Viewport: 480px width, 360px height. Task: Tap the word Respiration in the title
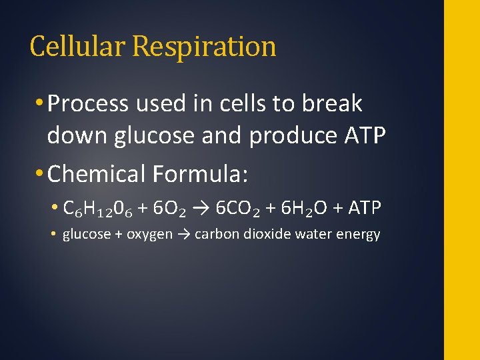[x=204, y=47]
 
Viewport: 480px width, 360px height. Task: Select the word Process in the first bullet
[x=88, y=104]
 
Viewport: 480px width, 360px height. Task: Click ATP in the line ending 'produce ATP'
[x=365, y=136]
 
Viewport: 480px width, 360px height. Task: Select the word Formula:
[x=201, y=174]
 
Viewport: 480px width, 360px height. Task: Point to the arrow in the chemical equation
[x=201, y=209]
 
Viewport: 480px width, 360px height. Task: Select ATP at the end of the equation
[x=365, y=209]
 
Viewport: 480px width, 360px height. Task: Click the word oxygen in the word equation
[x=149, y=235]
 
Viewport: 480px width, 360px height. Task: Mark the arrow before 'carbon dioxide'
[x=183, y=235]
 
